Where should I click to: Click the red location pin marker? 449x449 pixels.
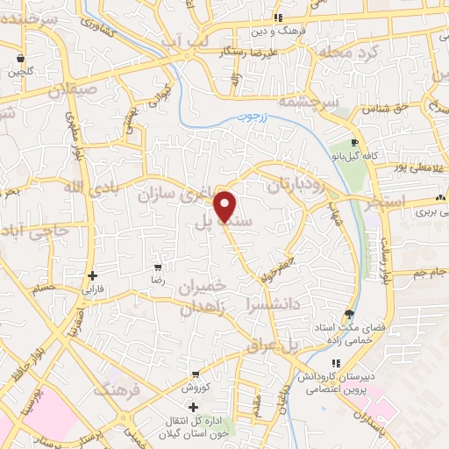click(x=226, y=205)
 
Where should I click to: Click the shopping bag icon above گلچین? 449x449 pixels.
click(x=19, y=59)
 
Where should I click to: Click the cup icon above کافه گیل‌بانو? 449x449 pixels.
click(x=354, y=142)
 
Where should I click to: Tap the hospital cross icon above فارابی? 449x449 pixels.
click(x=92, y=274)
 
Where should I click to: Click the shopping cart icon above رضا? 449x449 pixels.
click(x=158, y=267)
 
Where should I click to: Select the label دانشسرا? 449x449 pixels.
click(x=278, y=307)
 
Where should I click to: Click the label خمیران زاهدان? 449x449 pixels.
click(x=203, y=298)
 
